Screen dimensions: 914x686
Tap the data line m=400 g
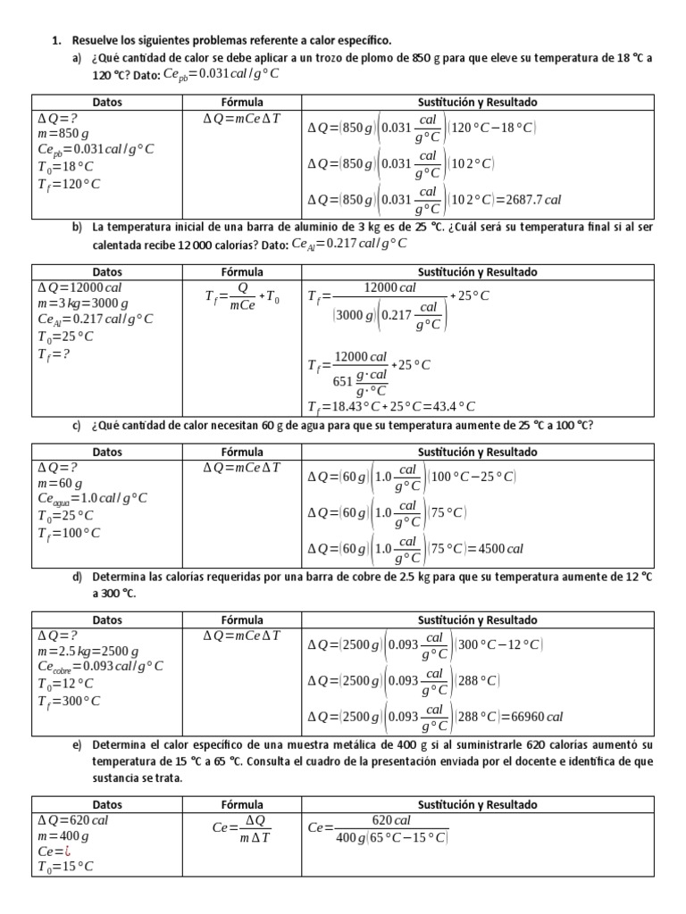pos(63,837)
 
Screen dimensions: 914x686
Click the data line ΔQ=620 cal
pos(73,820)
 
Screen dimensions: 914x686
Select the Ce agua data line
pos(92,499)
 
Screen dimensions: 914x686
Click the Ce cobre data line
pos(100,668)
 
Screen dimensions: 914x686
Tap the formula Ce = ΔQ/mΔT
pos(242,828)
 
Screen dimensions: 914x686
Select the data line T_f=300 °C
pos(69,701)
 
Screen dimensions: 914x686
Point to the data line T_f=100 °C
pos(69,533)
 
